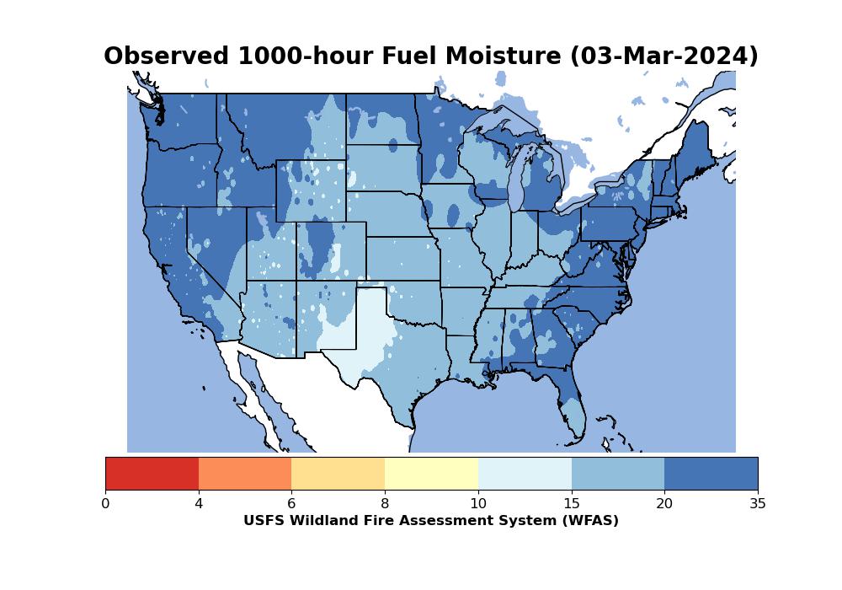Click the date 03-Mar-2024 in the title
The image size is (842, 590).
coord(664,56)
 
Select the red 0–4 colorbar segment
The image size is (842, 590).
coord(152,473)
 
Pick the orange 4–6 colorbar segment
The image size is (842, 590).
coord(245,473)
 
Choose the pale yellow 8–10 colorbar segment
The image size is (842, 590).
coord(431,473)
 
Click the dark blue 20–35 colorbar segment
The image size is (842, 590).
coord(711,473)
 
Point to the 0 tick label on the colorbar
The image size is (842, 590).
coord(105,504)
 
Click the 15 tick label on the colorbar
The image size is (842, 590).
coord(571,504)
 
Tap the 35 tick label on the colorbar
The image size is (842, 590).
coord(757,504)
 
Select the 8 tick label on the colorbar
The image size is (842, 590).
coord(385,504)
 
